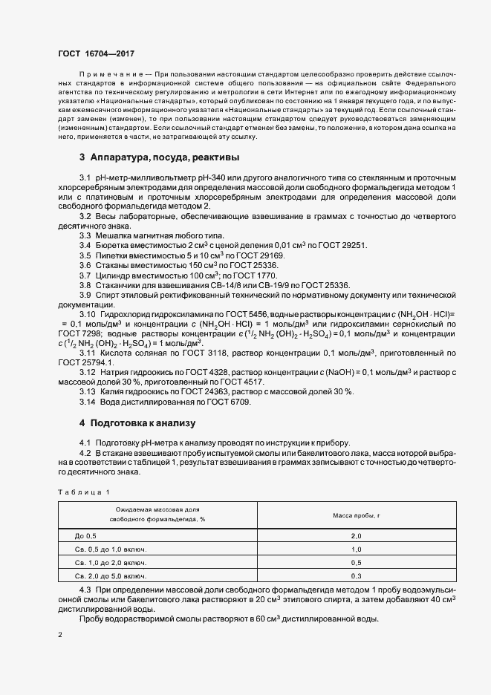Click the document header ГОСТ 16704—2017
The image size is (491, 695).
pyautogui.click(x=96, y=54)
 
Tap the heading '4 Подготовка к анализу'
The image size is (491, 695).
pyautogui.click(x=137, y=423)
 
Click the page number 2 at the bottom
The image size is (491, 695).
pyautogui.click(x=59, y=635)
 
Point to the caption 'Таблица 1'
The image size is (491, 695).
pyautogui.click(x=82, y=492)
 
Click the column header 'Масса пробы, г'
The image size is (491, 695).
pyautogui.click(x=356, y=515)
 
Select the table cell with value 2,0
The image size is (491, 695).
pyautogui.click(x=356, y=535)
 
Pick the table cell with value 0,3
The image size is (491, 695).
pyautogui.click(x=356, y=575)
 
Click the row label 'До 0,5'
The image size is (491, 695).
pyautogui.click(x=86, y=535)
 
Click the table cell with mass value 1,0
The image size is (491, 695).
pyautogui.click(x=356, y=549)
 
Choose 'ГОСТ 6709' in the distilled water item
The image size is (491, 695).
pyautogui.click(x=230, y=402)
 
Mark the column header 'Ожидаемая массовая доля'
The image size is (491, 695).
pyautogui.click(x=157, y=510)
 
